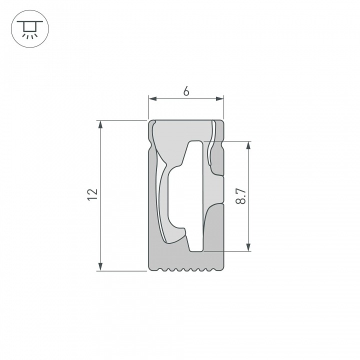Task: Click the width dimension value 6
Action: pos(186,91)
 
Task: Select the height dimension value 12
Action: pos(91,195)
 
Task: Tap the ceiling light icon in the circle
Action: pos(28,28)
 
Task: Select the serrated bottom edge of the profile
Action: pos(186,270)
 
